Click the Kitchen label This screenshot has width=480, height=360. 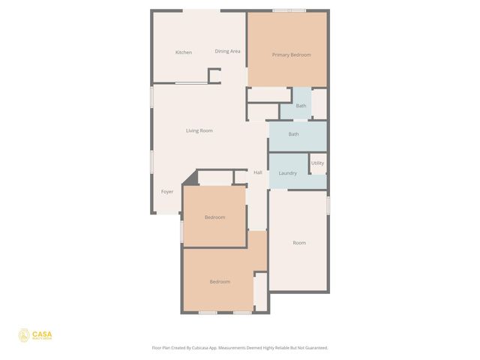(x=184, y=52)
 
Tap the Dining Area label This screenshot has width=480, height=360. (x=227, y=51)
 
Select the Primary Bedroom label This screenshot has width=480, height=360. (x=291, y=55)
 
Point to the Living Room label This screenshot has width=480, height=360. (x=199, y=130)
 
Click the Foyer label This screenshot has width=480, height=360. (x=167, y=191)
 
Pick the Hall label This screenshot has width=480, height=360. (x=258, y=172)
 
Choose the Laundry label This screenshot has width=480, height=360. (x=287, y=173)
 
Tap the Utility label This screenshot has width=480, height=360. (x=317, y=163)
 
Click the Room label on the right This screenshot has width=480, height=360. (x=299, y=243)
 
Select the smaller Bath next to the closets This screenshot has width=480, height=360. (x=301, y=106)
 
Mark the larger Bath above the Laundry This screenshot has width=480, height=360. (x=294, y=134)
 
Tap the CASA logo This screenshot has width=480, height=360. (x=36, y=335)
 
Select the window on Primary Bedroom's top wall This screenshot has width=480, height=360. (x=289, y=10)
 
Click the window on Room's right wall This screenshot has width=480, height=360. (x=328, y=203)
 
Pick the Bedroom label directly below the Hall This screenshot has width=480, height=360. (x=215, y=217)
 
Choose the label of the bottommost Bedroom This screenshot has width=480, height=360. (x=219, y=282)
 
